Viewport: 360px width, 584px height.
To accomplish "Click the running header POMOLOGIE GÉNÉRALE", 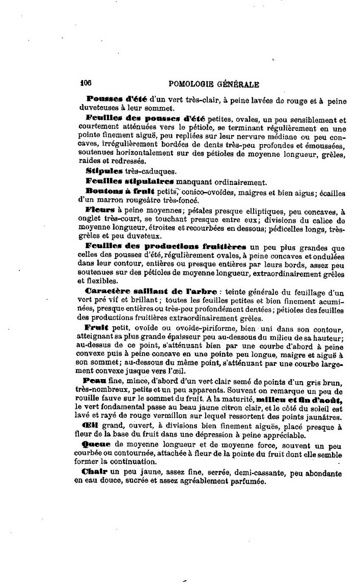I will coord(213,84).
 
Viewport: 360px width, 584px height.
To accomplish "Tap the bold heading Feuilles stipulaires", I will coord(130,180).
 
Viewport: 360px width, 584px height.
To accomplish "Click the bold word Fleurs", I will coord(100,209).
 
